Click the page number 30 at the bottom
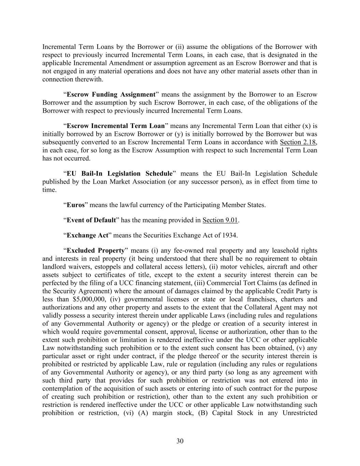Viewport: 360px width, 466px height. pos(180,441)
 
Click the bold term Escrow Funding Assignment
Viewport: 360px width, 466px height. pos(111,95)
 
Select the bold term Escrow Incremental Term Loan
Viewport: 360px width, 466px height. pos(116,126)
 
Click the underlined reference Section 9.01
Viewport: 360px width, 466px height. pos(220,220)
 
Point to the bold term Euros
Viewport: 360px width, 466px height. pos(75,205)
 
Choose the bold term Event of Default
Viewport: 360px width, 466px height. pos(91,220)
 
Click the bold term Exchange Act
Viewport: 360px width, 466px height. pos(87,235)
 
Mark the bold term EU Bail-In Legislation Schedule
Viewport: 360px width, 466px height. pos(119,174)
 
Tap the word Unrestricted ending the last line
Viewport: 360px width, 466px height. pos(300,413)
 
